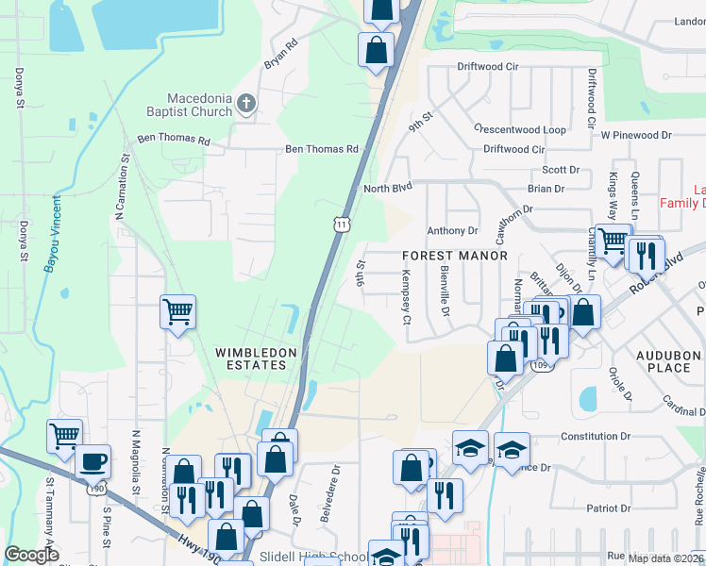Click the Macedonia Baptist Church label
click(x=199, y=105)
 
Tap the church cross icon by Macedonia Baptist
click(x=246, y=104)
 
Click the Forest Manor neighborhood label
click(x=455, y=256)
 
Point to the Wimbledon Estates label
click(x=257, y=359)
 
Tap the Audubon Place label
click(x=668, y=361)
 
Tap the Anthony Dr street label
click(x=453, y=230)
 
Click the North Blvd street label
click(x=389, y=188)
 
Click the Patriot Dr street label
click(x=608, y=508)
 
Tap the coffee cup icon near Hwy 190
click(x=92, y=461)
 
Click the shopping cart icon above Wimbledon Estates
click(x=178, y=311)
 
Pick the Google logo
click(x=32, y=555)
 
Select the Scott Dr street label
click(x=561, y=170)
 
